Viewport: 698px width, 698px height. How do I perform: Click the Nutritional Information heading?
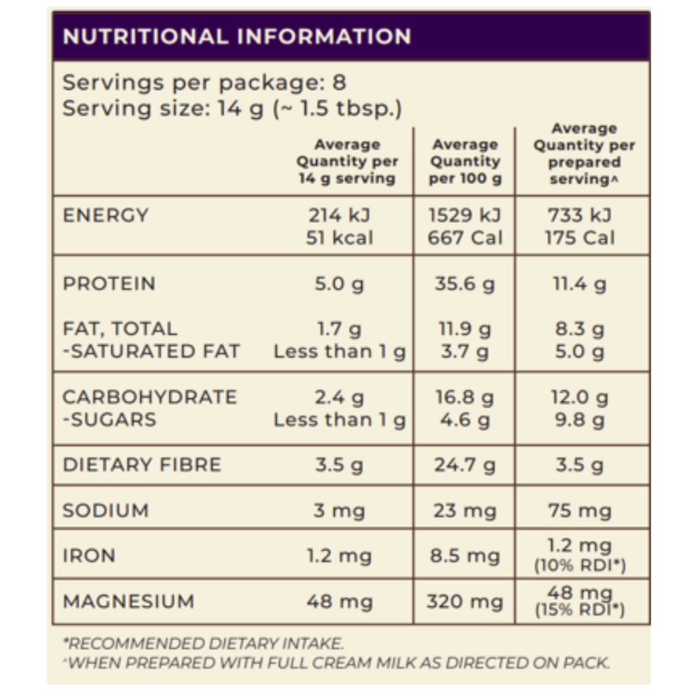click(237, 36)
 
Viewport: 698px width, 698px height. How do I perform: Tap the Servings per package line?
click(204, 83)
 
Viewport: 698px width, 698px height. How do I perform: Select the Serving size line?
click(232, 109)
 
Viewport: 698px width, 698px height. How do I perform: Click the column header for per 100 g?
click(465, 162)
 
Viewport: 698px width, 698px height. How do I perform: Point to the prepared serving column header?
click(584, 154)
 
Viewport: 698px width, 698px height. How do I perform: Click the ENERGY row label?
click(105, 215)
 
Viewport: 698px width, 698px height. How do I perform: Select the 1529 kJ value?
click(465, 215)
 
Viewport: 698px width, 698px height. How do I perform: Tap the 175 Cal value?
click(580, 238)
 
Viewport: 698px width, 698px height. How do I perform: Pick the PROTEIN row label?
click(109, 284)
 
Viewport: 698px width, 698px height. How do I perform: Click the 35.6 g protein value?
click(465, 284)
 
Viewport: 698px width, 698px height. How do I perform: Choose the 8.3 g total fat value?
click(580, 329)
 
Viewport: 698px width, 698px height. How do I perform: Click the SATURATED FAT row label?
click(151, 352)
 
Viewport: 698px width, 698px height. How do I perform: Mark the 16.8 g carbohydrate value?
click(465, 397)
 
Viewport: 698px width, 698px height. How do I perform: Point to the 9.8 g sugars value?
click(580, 420)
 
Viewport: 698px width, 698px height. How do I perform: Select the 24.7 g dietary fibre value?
click(465, 465)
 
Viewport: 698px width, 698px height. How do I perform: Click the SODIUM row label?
click(106, 511)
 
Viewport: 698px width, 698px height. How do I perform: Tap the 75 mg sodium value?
click(580, 511)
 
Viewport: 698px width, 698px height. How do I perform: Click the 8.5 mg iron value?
click(465, 556)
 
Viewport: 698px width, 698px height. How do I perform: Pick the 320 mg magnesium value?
click(465, 602)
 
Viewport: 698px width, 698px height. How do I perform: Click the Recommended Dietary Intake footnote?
click(203, 644)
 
